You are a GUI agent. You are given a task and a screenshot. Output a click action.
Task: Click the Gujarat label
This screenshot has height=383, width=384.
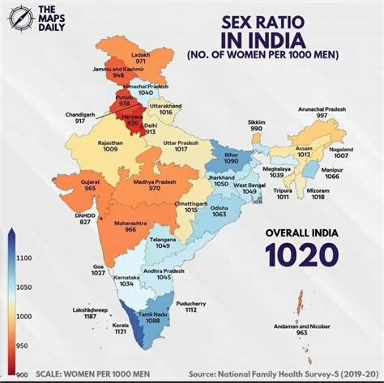tap(92, 180)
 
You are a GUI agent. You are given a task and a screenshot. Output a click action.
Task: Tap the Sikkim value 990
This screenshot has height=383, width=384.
tap(257, 129)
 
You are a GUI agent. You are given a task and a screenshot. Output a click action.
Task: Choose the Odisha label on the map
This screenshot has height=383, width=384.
tap(219, 206)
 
